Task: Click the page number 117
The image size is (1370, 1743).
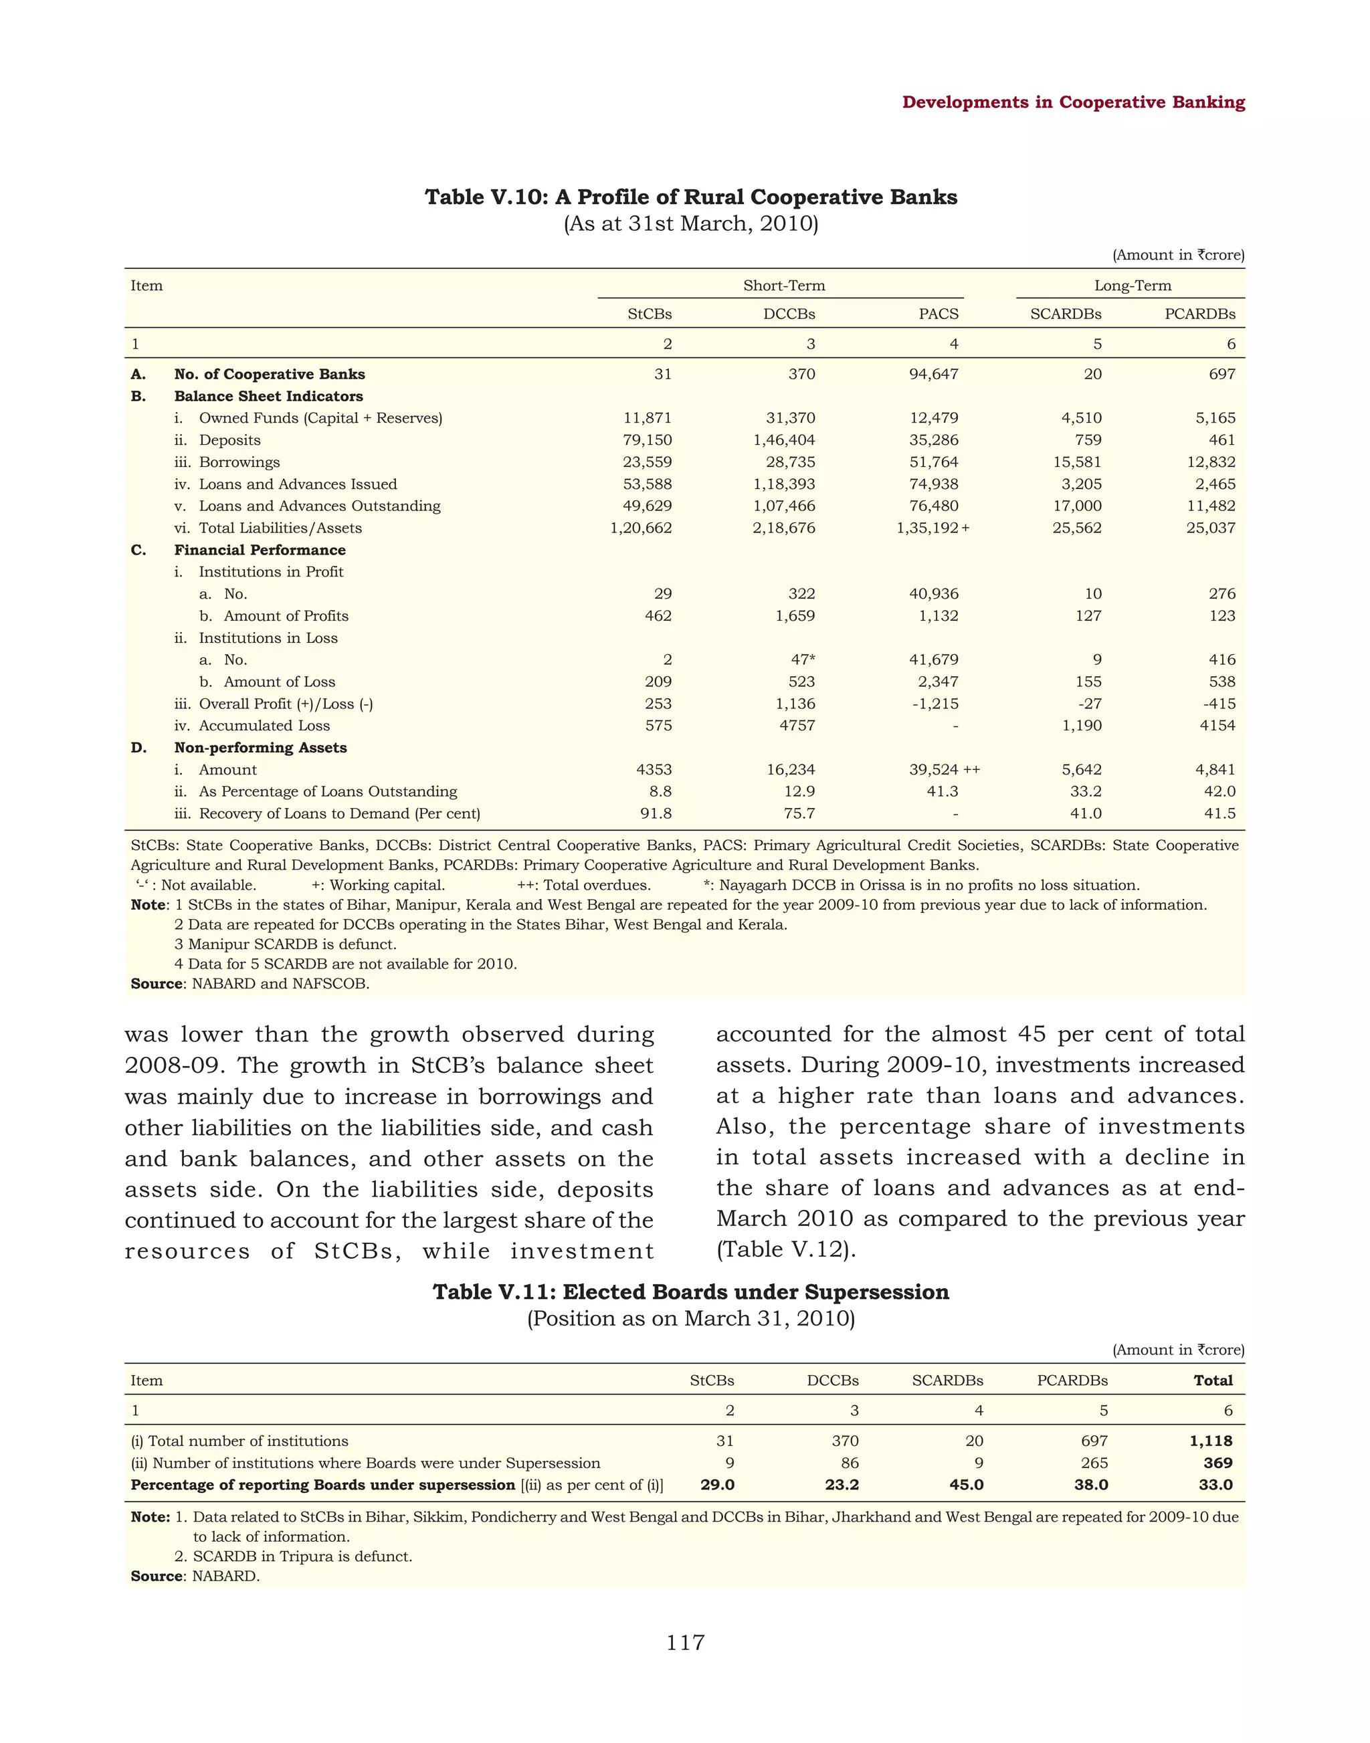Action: point(685,1643)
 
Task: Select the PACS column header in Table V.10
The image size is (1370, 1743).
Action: point(938,314)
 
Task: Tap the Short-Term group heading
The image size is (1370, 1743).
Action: point(783,286)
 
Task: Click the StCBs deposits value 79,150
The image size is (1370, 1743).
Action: point(648,439)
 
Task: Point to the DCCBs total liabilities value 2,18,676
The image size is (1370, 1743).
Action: point(783,528)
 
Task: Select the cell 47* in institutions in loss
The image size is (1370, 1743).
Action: point(802,659)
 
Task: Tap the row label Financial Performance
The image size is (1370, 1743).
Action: point(260,549)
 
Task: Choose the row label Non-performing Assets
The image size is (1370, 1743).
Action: point(260,748)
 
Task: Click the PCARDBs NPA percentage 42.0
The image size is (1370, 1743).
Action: point(1219,791)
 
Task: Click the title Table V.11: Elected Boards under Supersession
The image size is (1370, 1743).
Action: point(690,1292)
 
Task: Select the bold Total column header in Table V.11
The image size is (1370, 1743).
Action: point(1213,1380)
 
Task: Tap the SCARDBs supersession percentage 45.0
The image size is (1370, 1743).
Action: point(966,1485)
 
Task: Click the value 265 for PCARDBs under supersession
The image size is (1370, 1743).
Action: point(1094,1463)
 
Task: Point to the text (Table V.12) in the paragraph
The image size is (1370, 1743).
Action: point(786,1249)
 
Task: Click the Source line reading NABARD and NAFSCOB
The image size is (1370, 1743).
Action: point(250,983)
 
